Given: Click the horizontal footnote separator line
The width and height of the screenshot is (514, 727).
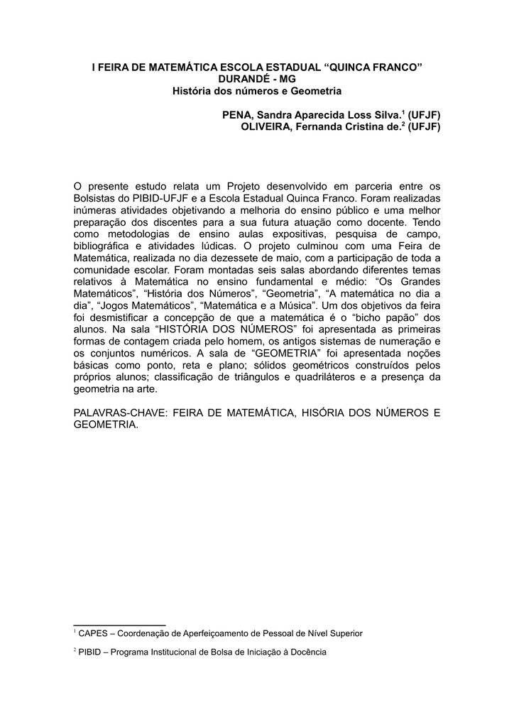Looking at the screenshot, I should pyautogui.click(x=119, y=623).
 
